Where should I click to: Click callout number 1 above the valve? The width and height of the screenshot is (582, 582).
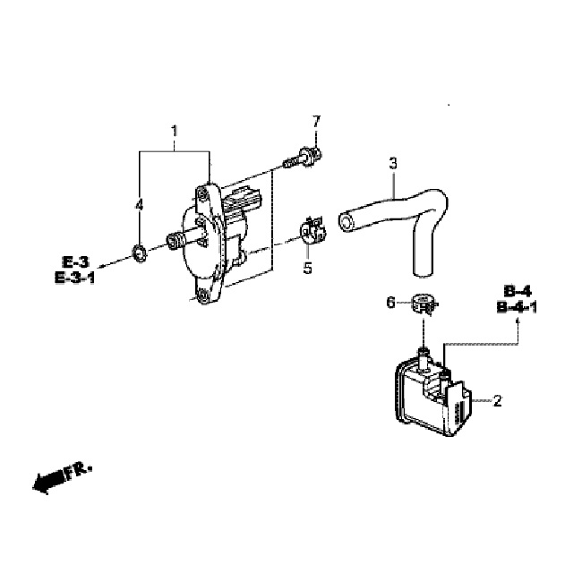(174, 131)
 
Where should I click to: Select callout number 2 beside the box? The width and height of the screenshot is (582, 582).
(497, 400)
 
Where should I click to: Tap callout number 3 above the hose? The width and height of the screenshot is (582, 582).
(393, 163)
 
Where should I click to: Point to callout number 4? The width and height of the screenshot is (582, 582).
(139, 204)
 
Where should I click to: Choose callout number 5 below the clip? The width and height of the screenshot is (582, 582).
(308, 268)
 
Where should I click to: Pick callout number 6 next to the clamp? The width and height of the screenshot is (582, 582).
(390, 303)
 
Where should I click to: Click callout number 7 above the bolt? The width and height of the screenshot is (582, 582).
(316, 122)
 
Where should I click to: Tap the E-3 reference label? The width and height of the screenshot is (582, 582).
(76, 262)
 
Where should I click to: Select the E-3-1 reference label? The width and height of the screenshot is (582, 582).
(74, 278)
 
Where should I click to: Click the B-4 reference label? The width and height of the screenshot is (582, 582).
(518, 291)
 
